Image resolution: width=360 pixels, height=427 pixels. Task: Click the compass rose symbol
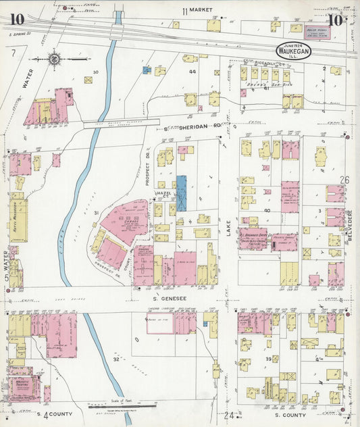[55, 59]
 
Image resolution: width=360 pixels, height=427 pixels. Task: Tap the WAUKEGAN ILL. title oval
[292, 52]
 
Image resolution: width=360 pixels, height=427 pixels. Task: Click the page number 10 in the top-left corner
[17, 18]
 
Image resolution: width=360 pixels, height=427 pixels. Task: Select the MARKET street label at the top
[198, 11]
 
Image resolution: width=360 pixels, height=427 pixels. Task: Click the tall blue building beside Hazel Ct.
[181, 192]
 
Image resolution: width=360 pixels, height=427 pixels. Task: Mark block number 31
[97, 214]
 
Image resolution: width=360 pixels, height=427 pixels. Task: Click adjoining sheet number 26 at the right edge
[345, 180]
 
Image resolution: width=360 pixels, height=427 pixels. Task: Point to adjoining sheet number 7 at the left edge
[12, 52]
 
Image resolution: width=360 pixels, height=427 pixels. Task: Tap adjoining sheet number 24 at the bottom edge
[230, 415]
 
